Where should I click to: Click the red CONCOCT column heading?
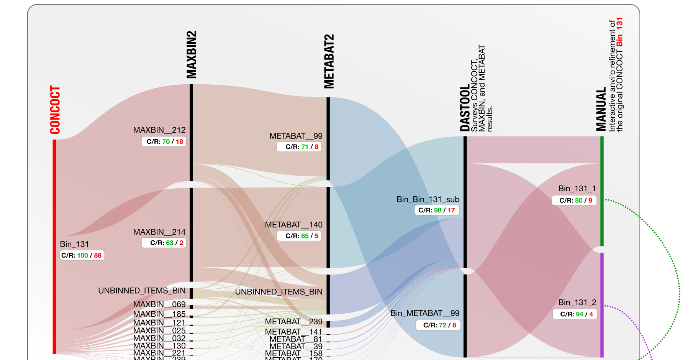click(x=55, y=110)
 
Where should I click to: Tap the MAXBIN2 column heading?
click(x=191, y=55)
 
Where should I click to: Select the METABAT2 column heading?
click(x=329, y=61)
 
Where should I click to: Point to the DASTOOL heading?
click(x=464, y=108)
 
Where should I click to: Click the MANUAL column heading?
click(x=601, y=109)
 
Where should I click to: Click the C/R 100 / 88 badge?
click(x=82, y=255)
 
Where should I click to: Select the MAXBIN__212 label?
click(x=159, y=130)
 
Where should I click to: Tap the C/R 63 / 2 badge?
click(x=164, y=243)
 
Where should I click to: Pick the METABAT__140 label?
click(x=293, y=225)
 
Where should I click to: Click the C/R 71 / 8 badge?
click(x=299, y=147)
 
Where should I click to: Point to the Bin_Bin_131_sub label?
click(x=428, y=199)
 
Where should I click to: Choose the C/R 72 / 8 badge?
click(x=438, y=325)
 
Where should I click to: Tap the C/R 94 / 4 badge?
click(x=575, y=314)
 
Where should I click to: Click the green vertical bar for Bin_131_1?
click(x=602, y=192)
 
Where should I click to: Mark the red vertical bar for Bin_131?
click(x=54, y=245)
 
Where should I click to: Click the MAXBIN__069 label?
click(x=159, y=304)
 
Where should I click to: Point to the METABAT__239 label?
click(x=293, y=322)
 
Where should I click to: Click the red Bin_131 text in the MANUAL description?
click(x=620, y=32)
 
